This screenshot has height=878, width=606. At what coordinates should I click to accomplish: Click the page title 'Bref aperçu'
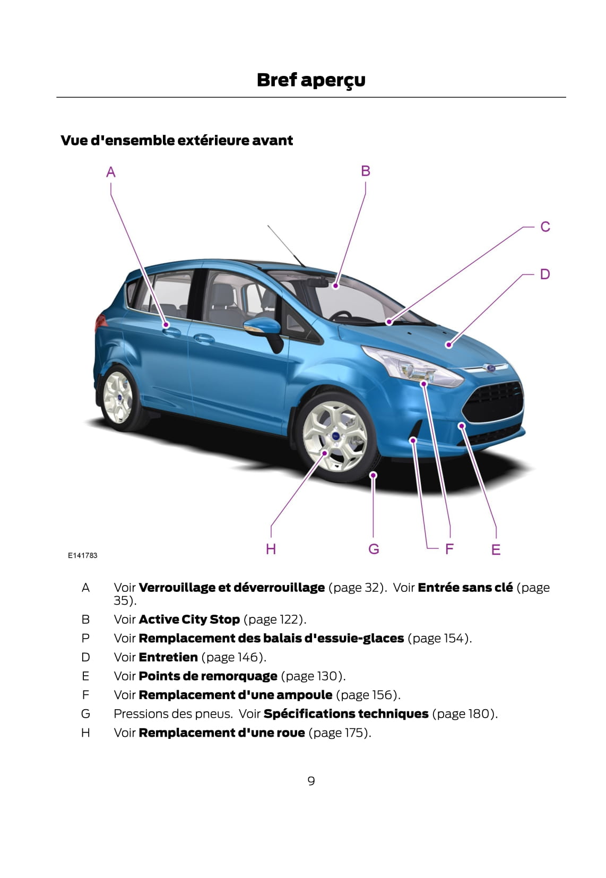point(311,80)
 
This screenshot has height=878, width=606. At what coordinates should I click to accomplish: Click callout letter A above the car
point(110,172)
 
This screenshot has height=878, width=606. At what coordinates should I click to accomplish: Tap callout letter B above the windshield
point(365,171)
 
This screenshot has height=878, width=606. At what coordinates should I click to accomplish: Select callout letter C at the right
point(545,227)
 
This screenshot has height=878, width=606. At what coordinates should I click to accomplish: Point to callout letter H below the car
point(271,549)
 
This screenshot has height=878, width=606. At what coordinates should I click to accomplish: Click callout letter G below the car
point(374,549)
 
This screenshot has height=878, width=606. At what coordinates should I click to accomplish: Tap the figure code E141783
point(83,555)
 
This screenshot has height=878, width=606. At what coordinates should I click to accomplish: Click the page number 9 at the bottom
point(311,781)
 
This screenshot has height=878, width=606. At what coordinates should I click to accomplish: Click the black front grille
point(494,401)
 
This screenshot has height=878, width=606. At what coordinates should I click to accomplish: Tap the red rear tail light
point(100,322)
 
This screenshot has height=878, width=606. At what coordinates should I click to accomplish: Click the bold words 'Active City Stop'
point(189,619)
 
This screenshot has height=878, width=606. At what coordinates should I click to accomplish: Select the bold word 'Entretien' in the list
point(168,657)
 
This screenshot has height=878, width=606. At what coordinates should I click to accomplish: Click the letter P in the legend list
point(85,638)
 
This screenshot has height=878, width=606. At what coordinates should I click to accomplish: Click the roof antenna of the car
point(285,245)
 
